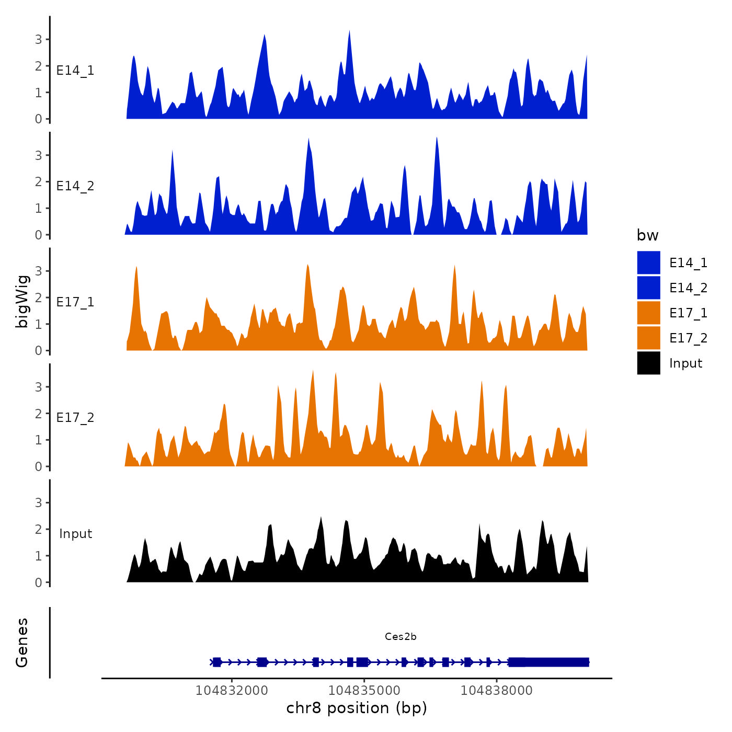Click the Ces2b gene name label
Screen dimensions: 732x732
point(401,636)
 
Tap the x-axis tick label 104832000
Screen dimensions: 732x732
point(232,690)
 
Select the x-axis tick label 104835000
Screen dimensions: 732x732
point(364,690)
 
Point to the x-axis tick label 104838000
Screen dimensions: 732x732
point(496,690)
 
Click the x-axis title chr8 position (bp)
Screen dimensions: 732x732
point(357,708)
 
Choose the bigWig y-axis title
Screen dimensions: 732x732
point(22,302)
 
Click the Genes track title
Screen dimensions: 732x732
point(22,643)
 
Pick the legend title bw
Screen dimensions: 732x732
point(647,235)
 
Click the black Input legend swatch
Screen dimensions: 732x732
point(648,363)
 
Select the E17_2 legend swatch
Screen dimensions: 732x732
point(648,338)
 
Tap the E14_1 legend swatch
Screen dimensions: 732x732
point(648,262)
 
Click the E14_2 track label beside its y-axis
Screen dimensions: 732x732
point(75,186)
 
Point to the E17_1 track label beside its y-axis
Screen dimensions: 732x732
point(75,302)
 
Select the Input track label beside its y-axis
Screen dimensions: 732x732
point(75,534)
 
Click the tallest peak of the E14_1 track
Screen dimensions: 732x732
point(349,31)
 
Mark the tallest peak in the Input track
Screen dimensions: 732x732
point(321,518)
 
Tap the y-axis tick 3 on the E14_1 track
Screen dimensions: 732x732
point(39,39)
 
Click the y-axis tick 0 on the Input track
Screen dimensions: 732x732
point(39,582)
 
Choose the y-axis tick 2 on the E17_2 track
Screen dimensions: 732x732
point(39,414)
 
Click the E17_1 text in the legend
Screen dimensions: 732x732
point(688,313)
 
